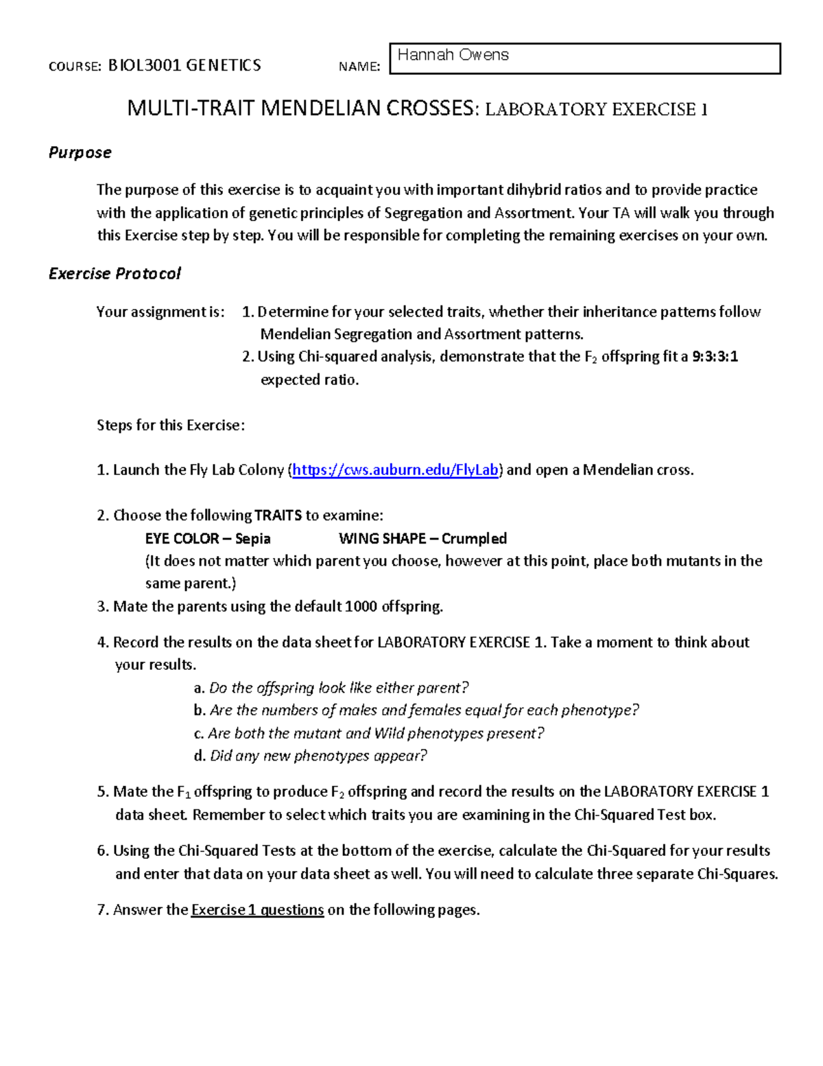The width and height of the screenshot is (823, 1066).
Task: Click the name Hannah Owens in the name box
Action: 453,55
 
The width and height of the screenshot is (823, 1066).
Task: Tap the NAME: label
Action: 359,67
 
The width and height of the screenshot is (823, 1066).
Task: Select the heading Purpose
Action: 80,152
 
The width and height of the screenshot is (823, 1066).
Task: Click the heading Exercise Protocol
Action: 115,274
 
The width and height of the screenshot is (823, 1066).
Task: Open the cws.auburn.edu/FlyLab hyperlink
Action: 395,470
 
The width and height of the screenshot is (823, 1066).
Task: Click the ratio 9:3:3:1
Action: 715,357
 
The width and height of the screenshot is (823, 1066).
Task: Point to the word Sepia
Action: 252,539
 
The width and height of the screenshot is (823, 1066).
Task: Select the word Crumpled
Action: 474,539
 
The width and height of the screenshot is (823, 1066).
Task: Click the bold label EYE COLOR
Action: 182,539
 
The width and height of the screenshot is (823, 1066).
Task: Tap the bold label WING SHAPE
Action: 382,539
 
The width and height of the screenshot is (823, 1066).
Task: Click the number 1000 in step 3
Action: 361,607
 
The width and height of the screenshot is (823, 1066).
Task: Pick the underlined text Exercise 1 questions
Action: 257,910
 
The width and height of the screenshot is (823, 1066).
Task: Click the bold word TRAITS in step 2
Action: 278,515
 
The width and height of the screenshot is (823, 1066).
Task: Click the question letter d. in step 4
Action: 200,756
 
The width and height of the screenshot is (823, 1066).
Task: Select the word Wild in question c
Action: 389,734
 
